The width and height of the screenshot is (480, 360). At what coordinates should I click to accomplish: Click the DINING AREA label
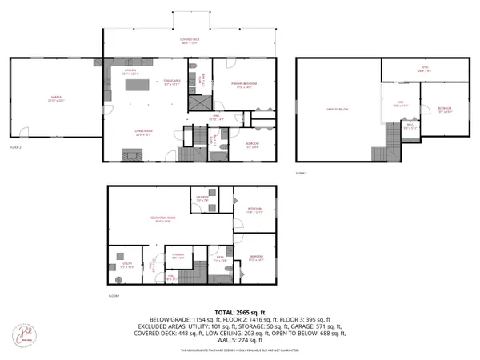pos(170,82)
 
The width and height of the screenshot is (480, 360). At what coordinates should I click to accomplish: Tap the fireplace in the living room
pos(130,154)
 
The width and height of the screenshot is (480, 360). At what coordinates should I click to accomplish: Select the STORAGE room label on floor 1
pos(180,257)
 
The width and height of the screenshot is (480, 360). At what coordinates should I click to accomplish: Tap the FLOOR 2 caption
pos(15,147)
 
